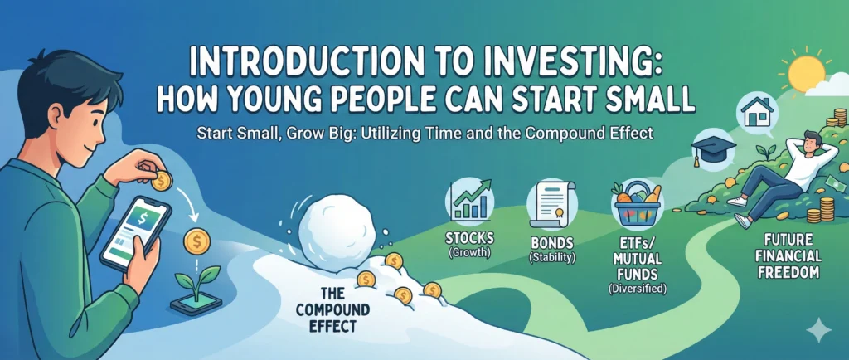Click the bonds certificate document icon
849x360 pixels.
[551, 204]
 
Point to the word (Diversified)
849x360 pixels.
[636, 289]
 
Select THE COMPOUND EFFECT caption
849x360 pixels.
[332, 310]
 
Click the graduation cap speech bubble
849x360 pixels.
[713, 147]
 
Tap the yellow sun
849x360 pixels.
[806, 72]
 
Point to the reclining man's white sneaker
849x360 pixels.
[743, 220]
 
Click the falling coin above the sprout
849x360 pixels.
[196, 241]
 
